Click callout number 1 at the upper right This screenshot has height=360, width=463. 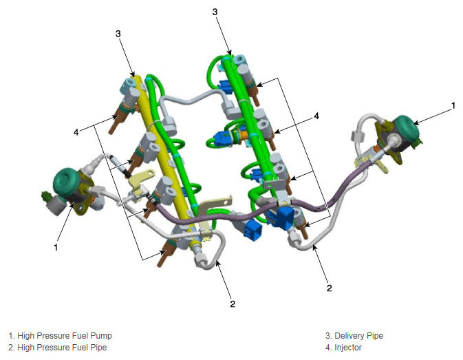tap(453, 105)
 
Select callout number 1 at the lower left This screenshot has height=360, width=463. tap(56, 247)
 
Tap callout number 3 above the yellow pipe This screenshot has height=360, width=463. tap(118, 34)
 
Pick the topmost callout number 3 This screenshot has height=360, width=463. tap(215, 12)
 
